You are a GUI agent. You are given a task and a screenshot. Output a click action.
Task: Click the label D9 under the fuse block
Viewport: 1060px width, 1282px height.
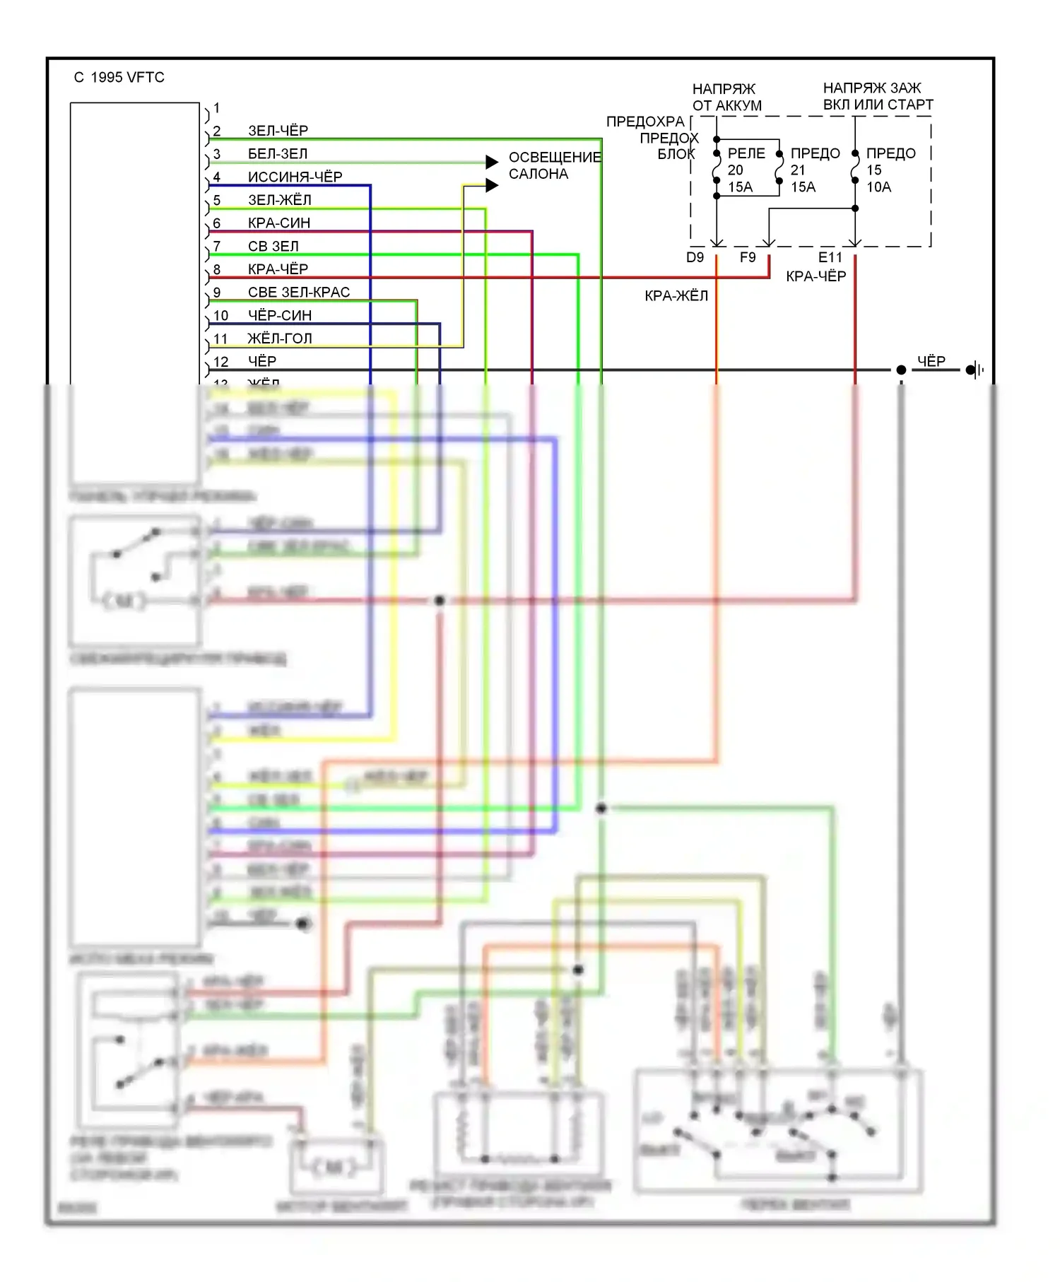pyautogui.click(x=695, y=258)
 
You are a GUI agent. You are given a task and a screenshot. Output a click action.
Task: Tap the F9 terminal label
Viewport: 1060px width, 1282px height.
pyautogui.click(x=748, y=258)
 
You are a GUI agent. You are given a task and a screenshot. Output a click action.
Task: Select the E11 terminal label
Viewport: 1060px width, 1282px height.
pyautogui.click(x=830, y=258)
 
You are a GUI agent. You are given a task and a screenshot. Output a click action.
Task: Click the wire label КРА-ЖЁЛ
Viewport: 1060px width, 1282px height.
pyautogui.click(x=676, y=296)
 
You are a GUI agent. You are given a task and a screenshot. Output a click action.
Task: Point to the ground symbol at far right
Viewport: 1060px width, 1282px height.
pyautogui.click(x=974, y=370)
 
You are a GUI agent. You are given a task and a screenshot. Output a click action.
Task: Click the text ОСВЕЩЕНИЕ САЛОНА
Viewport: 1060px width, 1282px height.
pyautogui.click(x=555, y=165)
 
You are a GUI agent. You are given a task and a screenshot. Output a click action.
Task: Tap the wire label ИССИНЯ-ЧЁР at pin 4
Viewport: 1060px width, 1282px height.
pyautogui.click(x=295, y=177)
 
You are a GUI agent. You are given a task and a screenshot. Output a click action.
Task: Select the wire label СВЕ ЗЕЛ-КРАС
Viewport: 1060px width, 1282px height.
pyautogui.click(x=298, y=292)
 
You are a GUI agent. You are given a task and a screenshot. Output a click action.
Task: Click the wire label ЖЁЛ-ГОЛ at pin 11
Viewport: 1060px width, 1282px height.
pyautogui.click(x=279, y=339)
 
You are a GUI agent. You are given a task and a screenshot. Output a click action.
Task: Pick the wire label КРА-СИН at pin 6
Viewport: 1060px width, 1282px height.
pyautogui.click(x=279, y=223)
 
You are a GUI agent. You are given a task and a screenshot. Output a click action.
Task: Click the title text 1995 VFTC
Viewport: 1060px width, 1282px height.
pyautogui.click(x=127, y=78)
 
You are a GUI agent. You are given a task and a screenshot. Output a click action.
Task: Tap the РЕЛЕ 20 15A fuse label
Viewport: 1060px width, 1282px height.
pyautogui.click(x=745, y=170)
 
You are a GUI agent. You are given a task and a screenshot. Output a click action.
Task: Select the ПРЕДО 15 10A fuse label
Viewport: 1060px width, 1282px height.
pyautogui.click(x=890, y=170)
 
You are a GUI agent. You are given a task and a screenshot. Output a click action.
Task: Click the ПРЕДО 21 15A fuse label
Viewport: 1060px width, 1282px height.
pyautogui.click(x=814, y=170)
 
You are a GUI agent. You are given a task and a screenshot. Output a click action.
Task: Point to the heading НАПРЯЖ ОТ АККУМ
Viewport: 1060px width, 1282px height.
pyautogui.click(x=726, y=98)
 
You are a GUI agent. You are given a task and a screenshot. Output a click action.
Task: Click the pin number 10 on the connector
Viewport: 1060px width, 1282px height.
pyautogui.click(x=220, y=315)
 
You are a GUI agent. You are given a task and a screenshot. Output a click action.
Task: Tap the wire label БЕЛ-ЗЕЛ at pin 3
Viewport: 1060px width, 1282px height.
pyautogui.click(x=278, y=154)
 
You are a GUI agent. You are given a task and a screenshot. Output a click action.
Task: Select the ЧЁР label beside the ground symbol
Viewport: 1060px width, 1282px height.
pyautogui.click(x=931, y=361)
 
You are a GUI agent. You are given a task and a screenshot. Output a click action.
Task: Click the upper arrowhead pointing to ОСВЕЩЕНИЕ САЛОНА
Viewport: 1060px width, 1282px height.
pyautogui.click(x=493, y=163)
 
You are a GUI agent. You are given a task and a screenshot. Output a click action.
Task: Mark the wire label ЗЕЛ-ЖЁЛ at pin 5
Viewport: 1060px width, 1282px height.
pyautogui.click(x=279, y=200)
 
